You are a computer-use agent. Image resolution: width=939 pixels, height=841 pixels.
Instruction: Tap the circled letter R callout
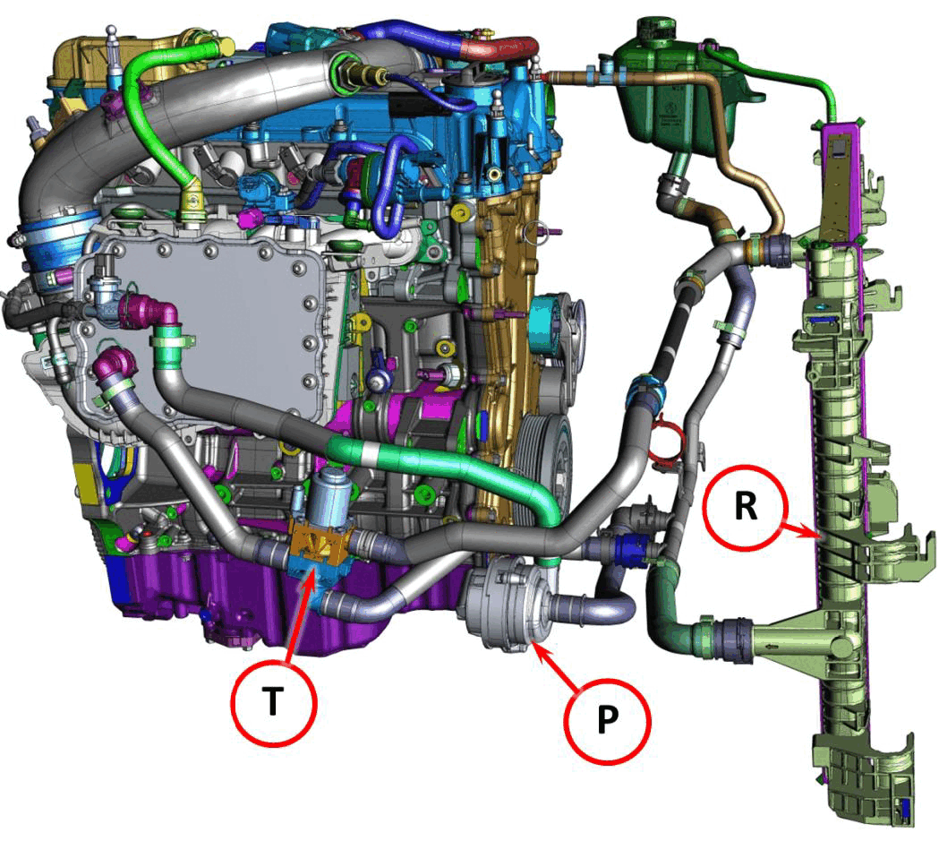point(745,507)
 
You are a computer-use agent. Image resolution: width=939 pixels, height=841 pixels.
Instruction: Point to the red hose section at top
point(499,48)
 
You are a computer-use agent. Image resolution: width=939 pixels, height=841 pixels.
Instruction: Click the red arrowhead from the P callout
point(536,648)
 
